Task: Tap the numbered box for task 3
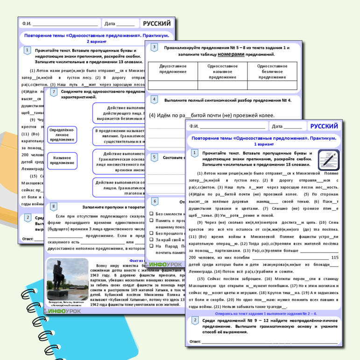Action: pos(154,47)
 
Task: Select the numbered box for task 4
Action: pos(154,99)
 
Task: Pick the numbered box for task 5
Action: pos(154,157)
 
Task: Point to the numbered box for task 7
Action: pos(54,92)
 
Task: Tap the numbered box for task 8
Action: pos(54,206)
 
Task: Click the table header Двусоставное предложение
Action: pos(173,69)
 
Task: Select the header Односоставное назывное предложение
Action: pos(222,71)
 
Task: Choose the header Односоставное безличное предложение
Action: pos(272,71)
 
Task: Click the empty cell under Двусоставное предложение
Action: pos(173,85)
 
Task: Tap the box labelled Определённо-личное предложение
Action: pos(62,134)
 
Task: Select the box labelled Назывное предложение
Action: pos(62,160)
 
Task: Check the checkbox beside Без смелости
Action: pos(151,214)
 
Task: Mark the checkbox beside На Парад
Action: pos(151,246)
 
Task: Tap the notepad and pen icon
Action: pos(329,160)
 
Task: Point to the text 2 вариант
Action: pos(96,42)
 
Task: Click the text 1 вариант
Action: pos(264,144)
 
